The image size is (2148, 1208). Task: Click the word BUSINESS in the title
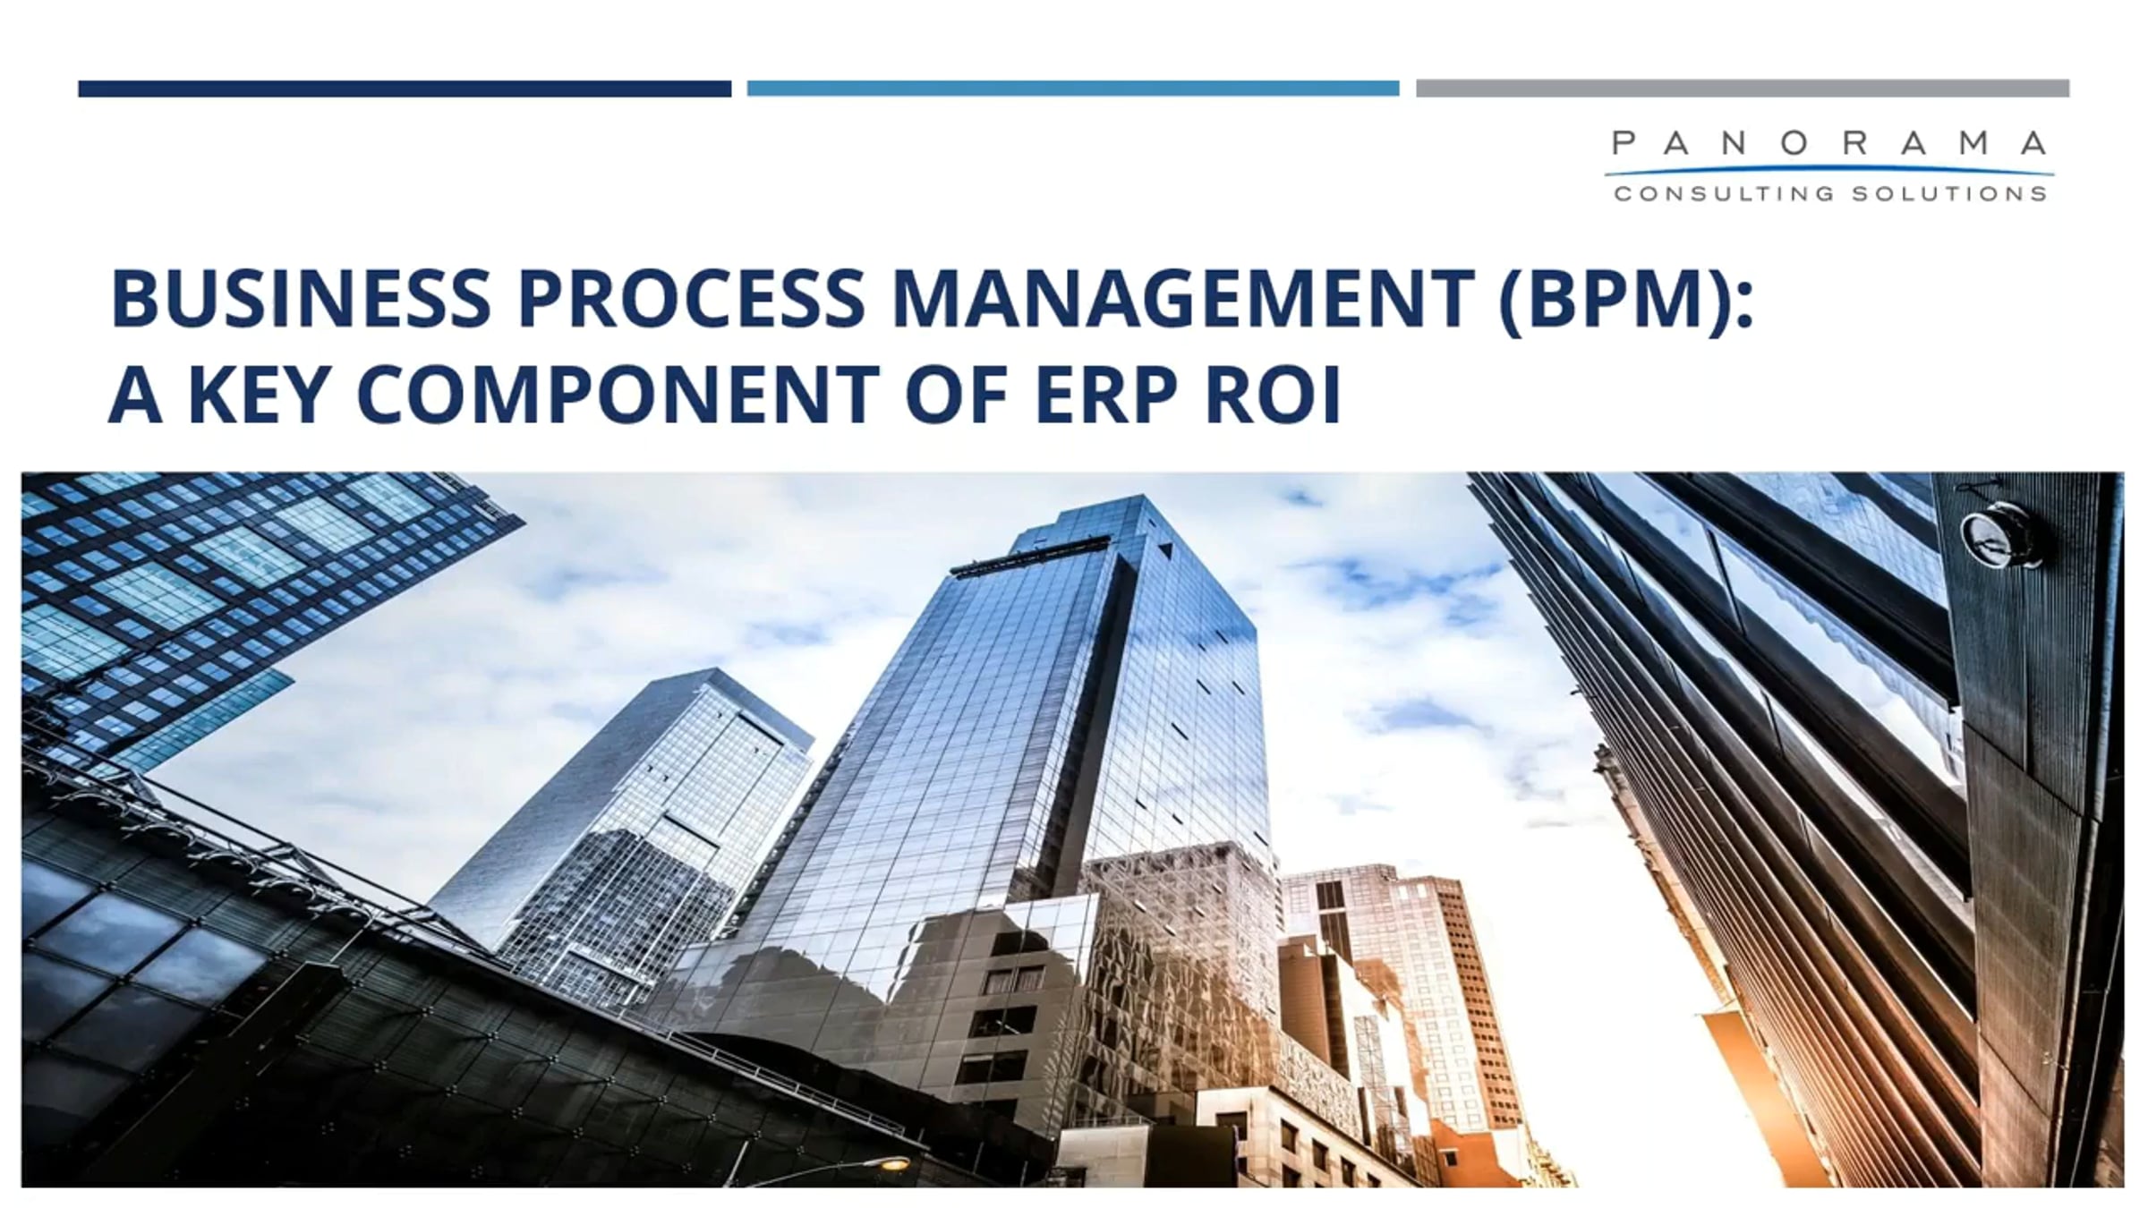301,298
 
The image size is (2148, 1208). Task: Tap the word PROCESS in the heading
691,298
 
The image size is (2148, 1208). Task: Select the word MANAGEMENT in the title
1181,298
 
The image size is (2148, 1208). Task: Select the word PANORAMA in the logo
1829,143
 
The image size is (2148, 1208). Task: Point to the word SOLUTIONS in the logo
1948,194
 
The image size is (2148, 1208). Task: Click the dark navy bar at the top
405,89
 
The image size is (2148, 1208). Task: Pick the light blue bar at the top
1073,89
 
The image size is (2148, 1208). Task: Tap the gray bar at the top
1743,89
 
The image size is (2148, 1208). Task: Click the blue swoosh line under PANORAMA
1829,170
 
